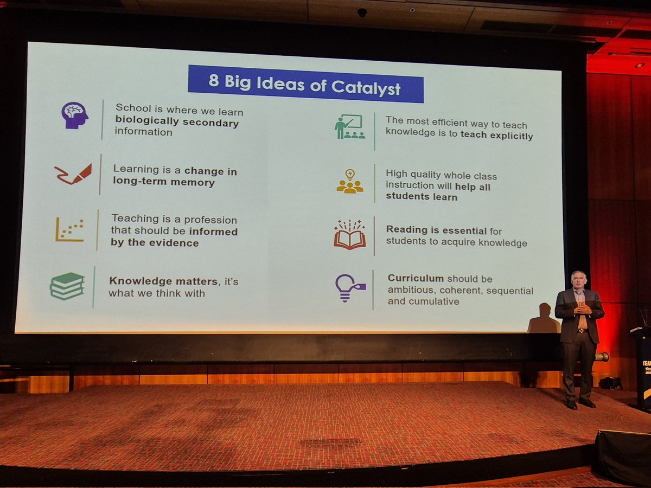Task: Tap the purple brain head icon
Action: point(74,115)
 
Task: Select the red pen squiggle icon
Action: point(73,174)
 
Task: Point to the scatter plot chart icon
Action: point(70,230)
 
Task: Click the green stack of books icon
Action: point(67,286)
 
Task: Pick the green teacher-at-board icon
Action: point(350,127)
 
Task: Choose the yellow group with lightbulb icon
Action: point(350,182)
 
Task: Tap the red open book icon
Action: point(350,235)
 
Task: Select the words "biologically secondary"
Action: point(177,123)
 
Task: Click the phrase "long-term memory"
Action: point(164,182)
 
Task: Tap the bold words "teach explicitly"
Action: point(496,136)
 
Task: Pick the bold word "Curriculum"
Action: point(416,278)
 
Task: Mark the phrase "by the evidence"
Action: point(155,243)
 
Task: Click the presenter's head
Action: point(578,280)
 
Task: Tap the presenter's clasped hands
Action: point(581,310)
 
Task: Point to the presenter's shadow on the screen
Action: point(544,319)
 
